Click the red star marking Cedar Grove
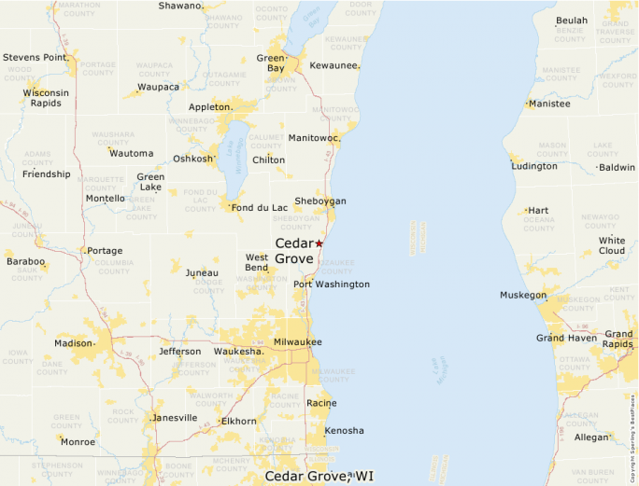(319, 243)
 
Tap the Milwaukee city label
(297, 342)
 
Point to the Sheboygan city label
(319, 201)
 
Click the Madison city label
(74, 343)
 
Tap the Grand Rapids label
(618, 339)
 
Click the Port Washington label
(332, 285)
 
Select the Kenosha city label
(344, 431)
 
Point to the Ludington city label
(535, 166)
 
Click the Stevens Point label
(35, 58)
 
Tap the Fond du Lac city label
(261, 207)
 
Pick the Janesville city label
(175, 417)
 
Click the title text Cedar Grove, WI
(318, 476)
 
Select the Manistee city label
(549, 104)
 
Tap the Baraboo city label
(25, 261)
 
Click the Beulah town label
(572, 21)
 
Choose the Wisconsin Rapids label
(46, 98)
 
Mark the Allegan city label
(590, 437)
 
